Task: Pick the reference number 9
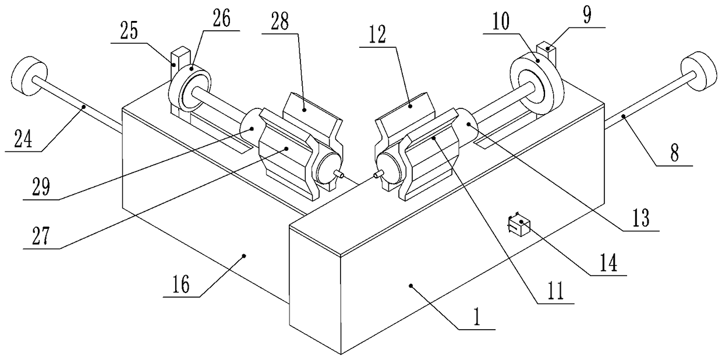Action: pyautogui.click(x=587, y=16)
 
